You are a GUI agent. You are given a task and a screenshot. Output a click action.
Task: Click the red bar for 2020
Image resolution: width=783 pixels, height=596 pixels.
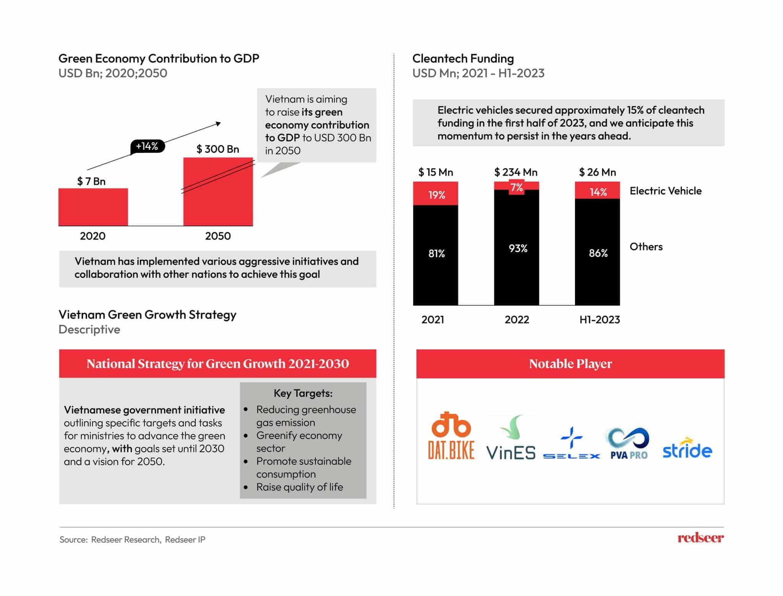(93, 207)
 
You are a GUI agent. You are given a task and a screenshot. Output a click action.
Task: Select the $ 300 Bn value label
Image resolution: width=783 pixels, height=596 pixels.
(218, 149)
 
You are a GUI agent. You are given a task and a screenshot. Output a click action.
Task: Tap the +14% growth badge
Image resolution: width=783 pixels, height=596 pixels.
(147, 146)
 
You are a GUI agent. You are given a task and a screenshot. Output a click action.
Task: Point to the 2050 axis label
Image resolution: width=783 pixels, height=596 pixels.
(218, 236)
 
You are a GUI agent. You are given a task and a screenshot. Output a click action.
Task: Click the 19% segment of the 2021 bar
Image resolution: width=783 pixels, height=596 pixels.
(436, 194)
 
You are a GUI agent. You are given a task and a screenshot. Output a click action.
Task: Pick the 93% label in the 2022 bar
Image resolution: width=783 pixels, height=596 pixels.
(518, 248)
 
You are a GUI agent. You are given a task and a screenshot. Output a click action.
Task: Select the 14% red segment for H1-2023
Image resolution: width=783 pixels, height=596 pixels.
(598, 191)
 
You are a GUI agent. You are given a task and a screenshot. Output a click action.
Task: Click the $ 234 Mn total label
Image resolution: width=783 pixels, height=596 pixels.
(516, 172)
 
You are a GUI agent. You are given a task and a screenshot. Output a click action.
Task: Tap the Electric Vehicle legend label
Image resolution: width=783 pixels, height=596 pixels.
(665, 191)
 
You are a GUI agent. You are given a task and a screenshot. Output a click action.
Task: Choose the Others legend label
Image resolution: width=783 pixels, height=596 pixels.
(646, 247)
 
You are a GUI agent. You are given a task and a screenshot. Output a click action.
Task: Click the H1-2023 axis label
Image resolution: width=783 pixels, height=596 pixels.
(599, 320)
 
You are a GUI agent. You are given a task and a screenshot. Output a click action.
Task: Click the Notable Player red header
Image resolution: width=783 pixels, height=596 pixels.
(570, 364)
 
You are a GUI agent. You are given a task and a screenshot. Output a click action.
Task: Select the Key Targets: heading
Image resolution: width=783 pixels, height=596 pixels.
(303, 393)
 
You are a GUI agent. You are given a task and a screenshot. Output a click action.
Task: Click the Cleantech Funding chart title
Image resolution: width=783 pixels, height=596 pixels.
(463, 58)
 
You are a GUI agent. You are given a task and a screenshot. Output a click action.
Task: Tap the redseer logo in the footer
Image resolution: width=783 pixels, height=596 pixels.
(700, 538)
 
